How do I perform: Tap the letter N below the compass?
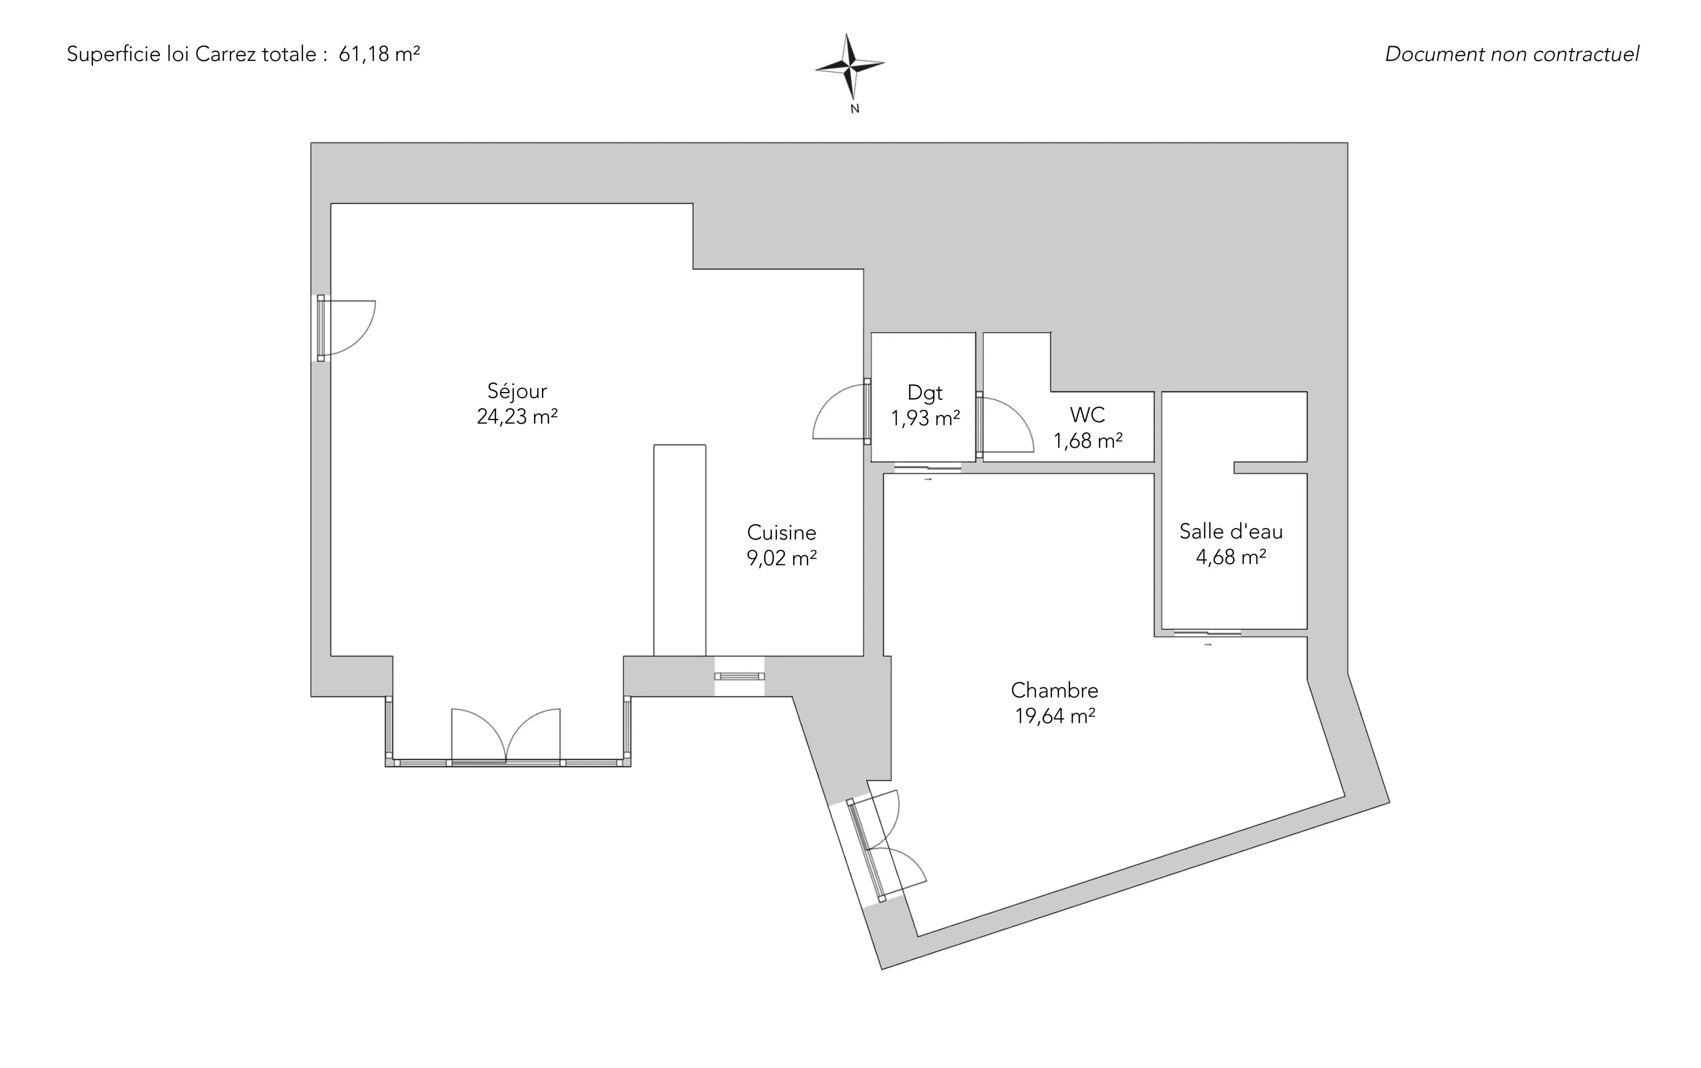pos(855,109)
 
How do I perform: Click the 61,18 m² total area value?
pos(379,54)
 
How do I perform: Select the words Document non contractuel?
pos(1512,54)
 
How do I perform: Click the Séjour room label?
pos(517,391)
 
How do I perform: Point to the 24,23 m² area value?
pos(517,417)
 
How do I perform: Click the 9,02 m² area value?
pos(781,558)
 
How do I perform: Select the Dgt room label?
pos(925,393)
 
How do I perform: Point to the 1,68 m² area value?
pos(1088,441)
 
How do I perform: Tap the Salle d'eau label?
pos(1230,531)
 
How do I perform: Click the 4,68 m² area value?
pos(1230,557)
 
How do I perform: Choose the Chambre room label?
pos(1054,690)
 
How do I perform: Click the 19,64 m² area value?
pos(1055,716)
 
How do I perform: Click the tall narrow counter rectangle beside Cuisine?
pos(679,550)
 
